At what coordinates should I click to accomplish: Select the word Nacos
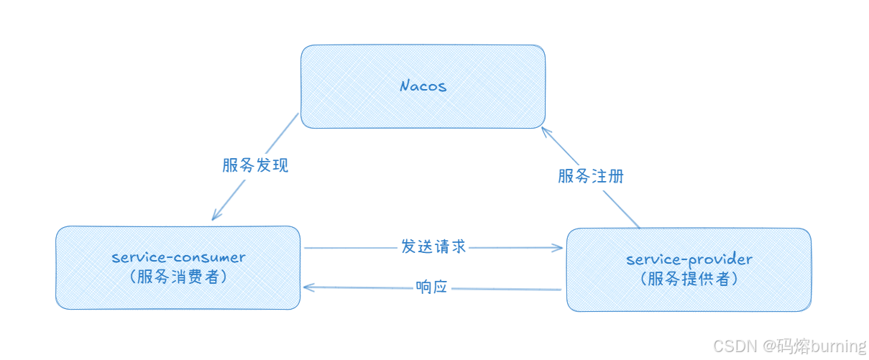tap(423, 86)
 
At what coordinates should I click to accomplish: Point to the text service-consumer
tap(178, 257)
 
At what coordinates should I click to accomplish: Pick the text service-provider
tap(689, 259)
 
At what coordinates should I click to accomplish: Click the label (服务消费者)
tap(178, 277)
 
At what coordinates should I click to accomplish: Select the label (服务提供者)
tap(689, 279)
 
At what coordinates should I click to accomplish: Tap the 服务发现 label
tap(255, 165)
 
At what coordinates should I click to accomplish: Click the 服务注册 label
tap(591, 176)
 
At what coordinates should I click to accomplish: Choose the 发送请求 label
tap(433, 246)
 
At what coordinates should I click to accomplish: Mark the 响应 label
tap(432, 287)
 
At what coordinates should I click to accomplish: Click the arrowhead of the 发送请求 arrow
tap(560, 248)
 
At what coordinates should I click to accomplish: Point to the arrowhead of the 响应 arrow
tap(307, 287)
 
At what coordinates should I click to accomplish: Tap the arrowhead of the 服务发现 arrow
tap(215, 217)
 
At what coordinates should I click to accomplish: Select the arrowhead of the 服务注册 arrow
tap(545, 131)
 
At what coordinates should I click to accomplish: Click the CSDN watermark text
tap(737, 346)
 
